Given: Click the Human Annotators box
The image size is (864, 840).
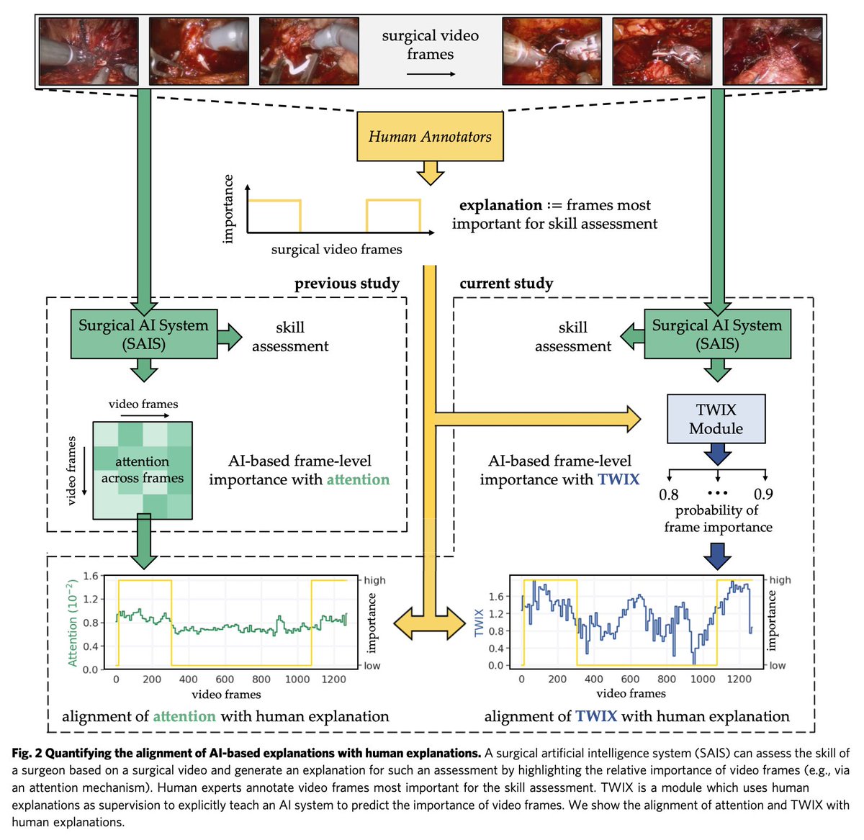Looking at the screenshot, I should tap(430, 136).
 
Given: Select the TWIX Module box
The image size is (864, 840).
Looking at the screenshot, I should tap(716, 419).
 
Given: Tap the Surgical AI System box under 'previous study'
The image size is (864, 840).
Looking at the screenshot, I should tap(143, 334).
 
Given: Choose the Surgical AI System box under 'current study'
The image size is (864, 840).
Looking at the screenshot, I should tap(717, 334).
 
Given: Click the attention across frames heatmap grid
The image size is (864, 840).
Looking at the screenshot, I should tap(143, 470).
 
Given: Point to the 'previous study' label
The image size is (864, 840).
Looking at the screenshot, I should tap(346, 283).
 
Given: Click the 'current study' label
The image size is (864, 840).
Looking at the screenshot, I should tap(506, 283).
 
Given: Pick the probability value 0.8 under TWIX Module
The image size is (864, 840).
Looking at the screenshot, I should tap(669, 494).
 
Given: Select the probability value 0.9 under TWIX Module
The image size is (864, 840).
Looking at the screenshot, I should tap(763, 494).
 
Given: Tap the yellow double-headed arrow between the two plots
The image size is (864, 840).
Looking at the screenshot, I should tap(430, 622).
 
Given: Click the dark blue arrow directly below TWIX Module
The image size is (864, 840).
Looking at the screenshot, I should tap(717, 454).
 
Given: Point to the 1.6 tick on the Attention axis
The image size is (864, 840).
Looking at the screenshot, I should tap(91, 576).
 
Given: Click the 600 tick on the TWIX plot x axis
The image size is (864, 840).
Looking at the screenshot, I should tap(630, 679).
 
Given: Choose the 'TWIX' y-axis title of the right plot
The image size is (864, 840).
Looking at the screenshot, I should tap(480, 622).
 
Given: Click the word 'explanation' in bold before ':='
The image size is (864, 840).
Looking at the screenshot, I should tap(500, 205).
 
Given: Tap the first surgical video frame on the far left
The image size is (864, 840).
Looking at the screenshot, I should tap(89, 51).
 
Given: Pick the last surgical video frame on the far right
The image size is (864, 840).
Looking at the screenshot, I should tap(772, 51).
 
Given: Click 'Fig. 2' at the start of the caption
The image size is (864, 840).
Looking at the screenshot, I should tap(27, 753).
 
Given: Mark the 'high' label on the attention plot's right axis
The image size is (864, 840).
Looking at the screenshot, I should tap(374, 580).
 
